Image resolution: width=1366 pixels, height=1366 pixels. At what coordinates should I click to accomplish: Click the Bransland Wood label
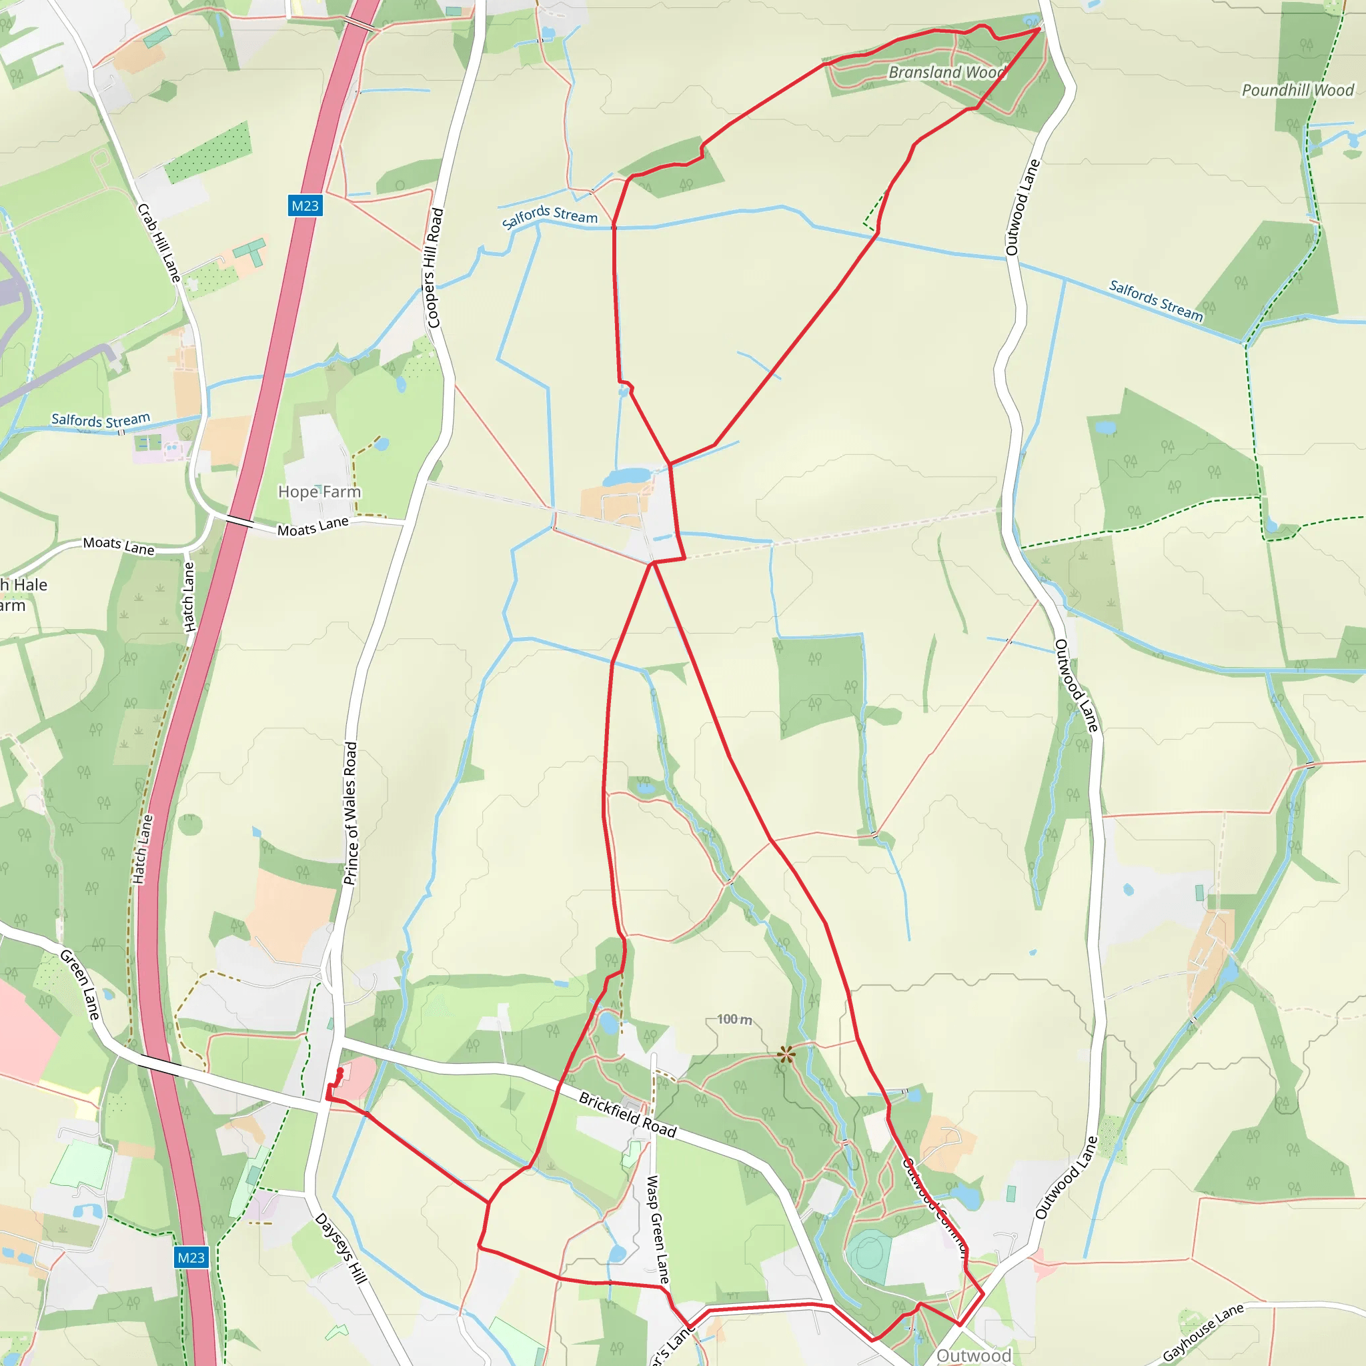pos(946,72)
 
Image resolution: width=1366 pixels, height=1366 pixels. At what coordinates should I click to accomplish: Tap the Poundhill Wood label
pos(1297,90)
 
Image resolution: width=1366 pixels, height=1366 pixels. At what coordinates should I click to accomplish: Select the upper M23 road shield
pos(305,205)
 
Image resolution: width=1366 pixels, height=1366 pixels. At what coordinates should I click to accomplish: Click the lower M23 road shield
pos(191,1257)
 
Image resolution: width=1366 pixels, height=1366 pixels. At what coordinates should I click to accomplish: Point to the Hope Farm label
pos(319,492)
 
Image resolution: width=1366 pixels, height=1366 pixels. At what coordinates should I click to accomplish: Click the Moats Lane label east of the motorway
pos(313,527)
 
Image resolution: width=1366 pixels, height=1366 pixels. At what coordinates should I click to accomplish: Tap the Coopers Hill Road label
pos(433,267)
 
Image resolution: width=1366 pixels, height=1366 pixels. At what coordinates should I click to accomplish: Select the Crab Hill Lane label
pos(159,243)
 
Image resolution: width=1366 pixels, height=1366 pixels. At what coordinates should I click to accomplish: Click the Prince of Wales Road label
pos(351,813)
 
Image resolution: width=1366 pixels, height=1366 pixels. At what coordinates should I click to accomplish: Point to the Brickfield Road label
pos(628,1115)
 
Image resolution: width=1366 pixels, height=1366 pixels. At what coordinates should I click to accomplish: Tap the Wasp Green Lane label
pos(658,1229)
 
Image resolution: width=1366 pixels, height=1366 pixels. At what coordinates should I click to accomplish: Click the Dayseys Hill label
pos(341,1249)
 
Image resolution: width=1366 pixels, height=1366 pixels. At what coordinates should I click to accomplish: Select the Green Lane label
pos(80,985)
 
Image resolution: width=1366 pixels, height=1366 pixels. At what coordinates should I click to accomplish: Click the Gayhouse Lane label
pos(1203,1332)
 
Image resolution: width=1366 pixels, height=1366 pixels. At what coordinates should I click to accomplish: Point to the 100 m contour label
pos(734,1019)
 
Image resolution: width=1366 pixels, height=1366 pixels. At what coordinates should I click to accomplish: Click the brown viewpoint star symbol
pos(786,1056)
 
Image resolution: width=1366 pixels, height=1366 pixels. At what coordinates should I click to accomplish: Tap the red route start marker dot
pos(340,1072)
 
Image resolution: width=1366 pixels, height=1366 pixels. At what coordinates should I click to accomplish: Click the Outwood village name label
pos(974,1355)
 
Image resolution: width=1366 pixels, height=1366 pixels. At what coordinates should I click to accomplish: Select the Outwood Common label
pos(934,1205)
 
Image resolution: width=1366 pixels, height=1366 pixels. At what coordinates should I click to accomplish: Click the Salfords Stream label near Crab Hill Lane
pos(101,420)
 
